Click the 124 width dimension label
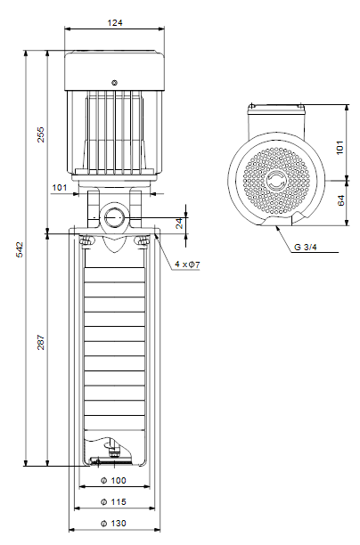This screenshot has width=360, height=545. tap(115, 23)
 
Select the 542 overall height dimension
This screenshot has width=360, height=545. tap(20, 249)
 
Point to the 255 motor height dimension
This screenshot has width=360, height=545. tap(41, 134)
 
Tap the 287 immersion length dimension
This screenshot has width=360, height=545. tap(41, 342)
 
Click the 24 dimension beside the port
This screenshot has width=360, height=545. tap(179, 224)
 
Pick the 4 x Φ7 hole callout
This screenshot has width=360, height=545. tap(187, 264)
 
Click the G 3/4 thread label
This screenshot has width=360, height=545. tap(306, 248)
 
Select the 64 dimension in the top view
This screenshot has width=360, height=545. tap(341, 200)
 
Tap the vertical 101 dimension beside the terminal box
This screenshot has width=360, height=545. tap(340, 148)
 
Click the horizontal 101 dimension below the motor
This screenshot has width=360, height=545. tap(60, 188)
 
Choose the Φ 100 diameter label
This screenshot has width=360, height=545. tap(113, 480)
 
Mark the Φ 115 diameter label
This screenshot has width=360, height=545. tap(113, 502)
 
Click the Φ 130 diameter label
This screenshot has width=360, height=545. tap(113, 523)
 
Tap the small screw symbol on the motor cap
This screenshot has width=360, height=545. tap(114, 83)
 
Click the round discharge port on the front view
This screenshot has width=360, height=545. tap(114, 217)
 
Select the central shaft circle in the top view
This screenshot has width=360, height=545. tap(276, 181)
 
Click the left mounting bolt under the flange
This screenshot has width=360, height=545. tap(86, 240)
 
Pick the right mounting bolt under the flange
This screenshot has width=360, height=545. tap(143, 240)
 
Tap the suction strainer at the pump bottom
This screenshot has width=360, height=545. tap(110, 461)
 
